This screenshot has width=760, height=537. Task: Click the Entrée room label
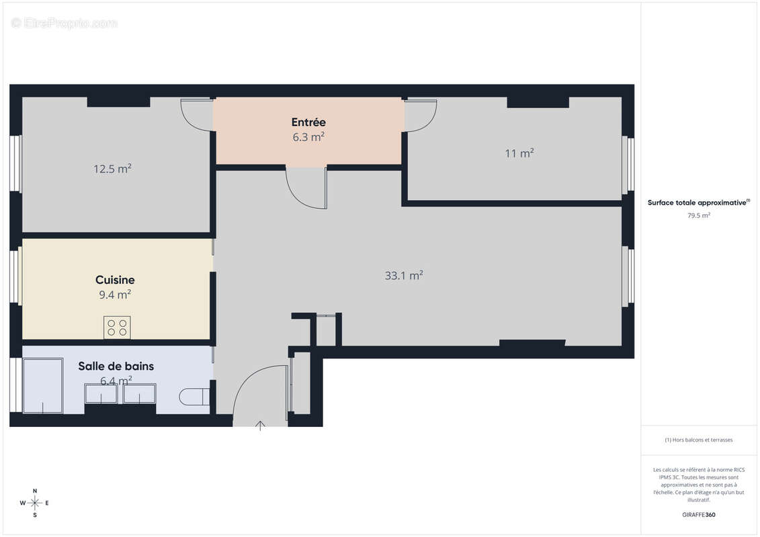308,122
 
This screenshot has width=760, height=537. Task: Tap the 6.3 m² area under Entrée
308,138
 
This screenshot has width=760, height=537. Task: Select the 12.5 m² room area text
112,169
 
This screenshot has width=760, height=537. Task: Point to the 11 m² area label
519,153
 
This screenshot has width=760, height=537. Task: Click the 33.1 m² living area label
403,275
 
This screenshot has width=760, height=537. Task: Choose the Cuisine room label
115,280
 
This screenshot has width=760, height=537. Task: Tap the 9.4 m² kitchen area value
115,295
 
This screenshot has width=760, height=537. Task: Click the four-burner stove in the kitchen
117,328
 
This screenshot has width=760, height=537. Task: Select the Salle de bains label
116,367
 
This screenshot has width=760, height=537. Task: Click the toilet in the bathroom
194,397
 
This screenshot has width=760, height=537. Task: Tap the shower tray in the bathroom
43,386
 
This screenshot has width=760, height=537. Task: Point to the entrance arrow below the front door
261,426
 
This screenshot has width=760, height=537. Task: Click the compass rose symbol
35,502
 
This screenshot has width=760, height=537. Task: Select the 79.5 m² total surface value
699,215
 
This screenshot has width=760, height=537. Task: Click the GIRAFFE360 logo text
699,515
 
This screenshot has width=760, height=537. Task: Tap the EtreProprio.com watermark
65,23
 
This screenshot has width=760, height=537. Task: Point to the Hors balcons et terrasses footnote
699,440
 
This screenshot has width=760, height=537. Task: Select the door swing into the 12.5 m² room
198,115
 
